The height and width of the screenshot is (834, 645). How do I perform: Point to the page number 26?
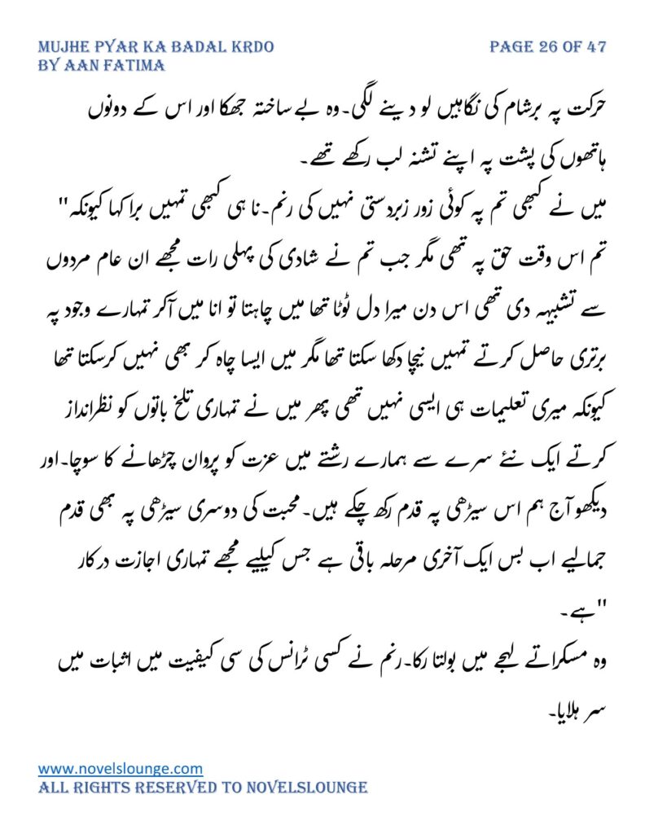tap(546, 47)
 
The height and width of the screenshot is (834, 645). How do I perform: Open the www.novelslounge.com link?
tap(121, 768)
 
